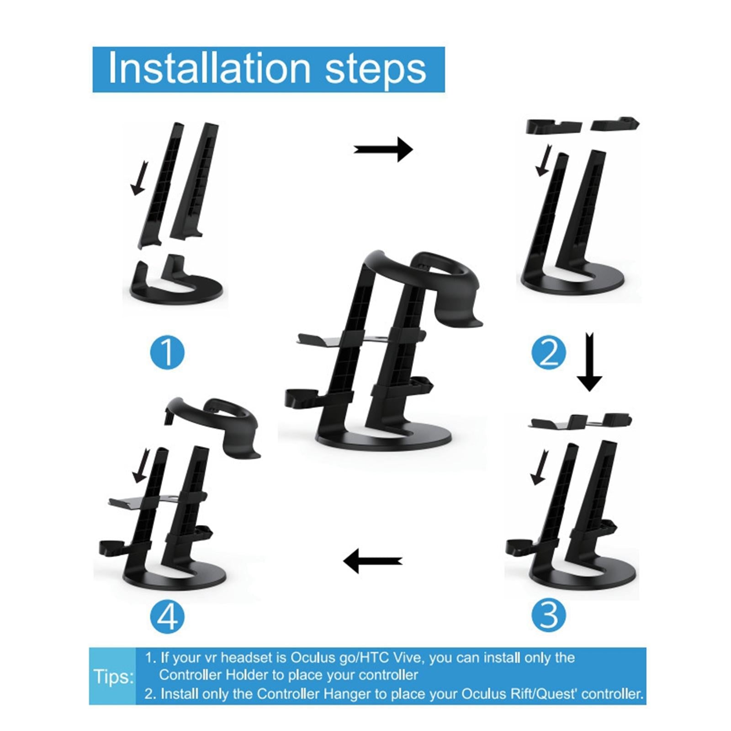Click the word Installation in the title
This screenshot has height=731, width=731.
point(209,68)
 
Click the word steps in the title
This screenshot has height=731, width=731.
point(376,70)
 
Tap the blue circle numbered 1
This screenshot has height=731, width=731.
point(167,353)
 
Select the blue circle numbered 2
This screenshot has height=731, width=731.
point(549,353)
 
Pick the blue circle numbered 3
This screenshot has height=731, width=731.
point(549,615)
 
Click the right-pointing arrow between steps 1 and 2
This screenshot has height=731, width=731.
point(383,149)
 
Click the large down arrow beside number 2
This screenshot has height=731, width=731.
point(589,362)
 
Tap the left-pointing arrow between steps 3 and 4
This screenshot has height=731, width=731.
point(372,561)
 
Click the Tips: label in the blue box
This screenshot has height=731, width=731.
point(114,676)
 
